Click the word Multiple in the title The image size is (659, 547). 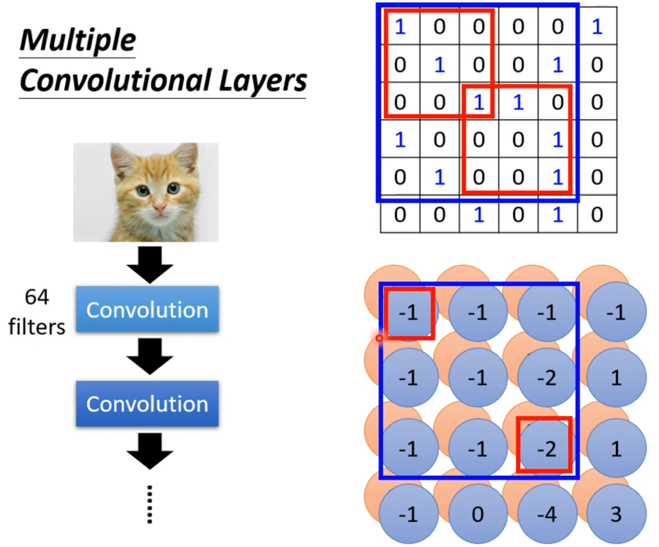(78, 40)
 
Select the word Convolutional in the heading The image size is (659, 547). (115, 81)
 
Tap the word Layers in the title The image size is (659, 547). (263, 81)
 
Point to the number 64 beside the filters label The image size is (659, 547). (37, 297)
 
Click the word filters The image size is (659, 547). (37, 327)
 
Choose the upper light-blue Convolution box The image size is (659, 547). (147, 309)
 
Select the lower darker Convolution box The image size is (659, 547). (147, 404)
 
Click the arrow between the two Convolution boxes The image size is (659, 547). (149, 356)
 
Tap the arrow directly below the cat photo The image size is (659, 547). (149, 264)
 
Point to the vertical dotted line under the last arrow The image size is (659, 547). (150, 504)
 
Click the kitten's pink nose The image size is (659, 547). (160, 209)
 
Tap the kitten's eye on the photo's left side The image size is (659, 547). (143, 191)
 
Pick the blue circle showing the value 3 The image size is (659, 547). (616, 515)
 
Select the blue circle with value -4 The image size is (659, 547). (547, 515)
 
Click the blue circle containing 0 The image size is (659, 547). (477, 515)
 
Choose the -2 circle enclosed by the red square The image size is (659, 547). (546, 449)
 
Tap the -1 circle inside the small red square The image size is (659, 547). (408, 312)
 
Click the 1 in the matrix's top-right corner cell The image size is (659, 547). (597, 26)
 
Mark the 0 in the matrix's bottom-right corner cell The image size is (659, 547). (597, 214)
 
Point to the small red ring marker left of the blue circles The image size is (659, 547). (380, 338)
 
